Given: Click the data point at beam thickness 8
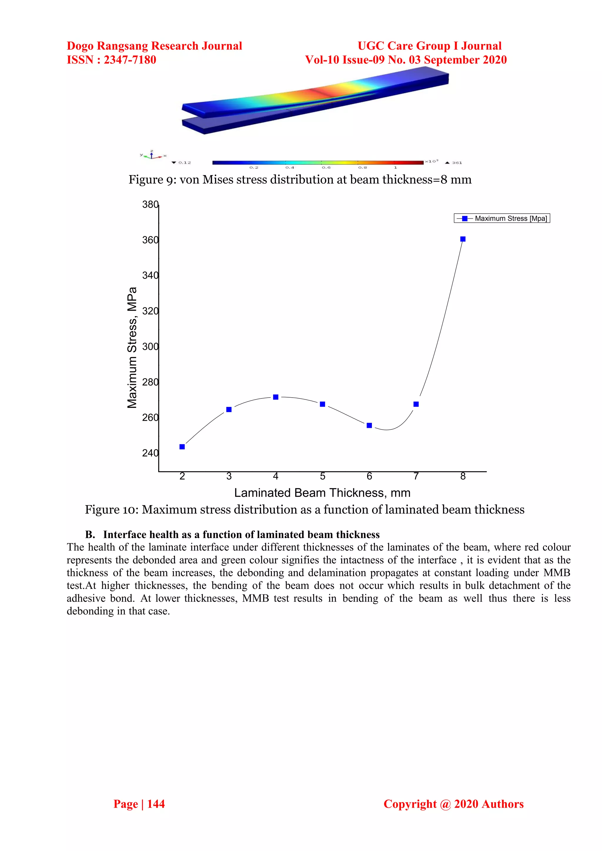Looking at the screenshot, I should [x=463, y=239].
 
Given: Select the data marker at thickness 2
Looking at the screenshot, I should [x=182, y=447].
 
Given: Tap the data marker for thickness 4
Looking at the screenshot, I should [x=275, y=397].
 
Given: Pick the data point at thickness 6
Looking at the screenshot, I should [x=369, y=425].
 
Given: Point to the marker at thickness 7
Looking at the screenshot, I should [x=416, y=404].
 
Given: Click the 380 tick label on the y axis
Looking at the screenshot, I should [x=150, y=205].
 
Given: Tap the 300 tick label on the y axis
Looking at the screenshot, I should [x=150, y=346].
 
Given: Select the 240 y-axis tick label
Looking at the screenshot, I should [x=150, y=453].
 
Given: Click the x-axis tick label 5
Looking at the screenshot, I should [x=322, y=476].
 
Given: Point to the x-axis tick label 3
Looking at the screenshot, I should [x=229, y=476].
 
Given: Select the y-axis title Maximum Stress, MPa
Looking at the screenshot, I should [x=132, y=348].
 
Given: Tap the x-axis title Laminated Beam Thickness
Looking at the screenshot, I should [x=322, y=493].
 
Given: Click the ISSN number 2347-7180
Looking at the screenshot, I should [x=130, y=60].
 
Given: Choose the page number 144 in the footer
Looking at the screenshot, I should [x=156, y=804].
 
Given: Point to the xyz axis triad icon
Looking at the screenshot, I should [x=152, y=155].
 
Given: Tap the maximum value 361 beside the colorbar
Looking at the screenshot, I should [x=457, y=163].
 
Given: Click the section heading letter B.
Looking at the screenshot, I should [x=90, y=535].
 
